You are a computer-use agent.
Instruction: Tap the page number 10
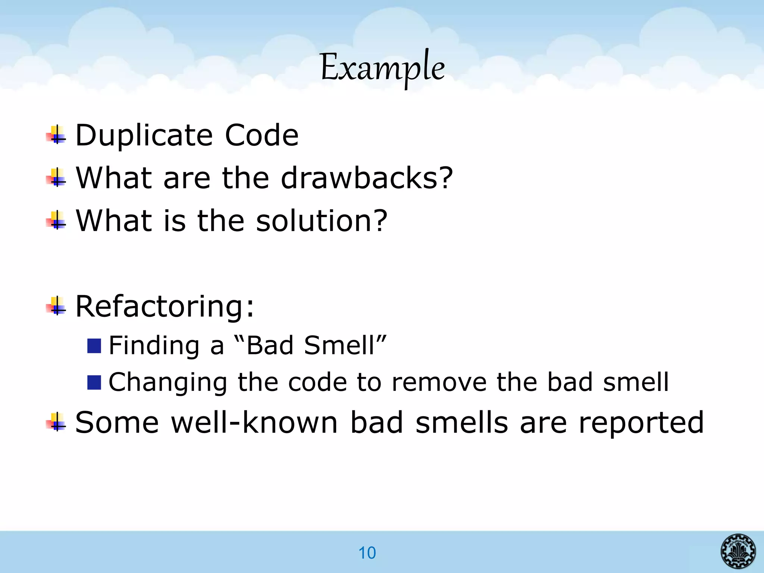pos(367,553)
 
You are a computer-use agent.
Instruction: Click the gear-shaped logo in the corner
pos(738,551)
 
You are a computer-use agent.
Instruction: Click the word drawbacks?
pos(367,178)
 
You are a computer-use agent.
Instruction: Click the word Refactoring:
pos(165,306)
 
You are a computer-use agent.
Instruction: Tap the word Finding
pos(154,345)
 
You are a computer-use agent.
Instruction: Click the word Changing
pos(167,382)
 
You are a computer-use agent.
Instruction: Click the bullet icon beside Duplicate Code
pos(56,135)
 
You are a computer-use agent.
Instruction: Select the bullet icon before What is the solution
pos(56,221)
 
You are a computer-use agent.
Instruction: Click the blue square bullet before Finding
pos(94,346)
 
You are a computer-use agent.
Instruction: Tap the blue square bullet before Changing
pos(94,383)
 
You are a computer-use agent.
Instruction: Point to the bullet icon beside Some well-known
pos(56,422)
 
